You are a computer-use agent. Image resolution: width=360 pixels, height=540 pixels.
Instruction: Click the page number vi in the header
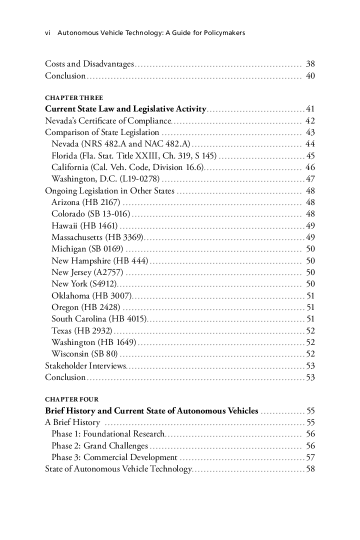pos(48,33)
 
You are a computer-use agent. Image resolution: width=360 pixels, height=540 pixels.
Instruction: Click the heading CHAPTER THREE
pos(74,98)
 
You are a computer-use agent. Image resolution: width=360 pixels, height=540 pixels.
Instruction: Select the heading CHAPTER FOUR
pos(72,400)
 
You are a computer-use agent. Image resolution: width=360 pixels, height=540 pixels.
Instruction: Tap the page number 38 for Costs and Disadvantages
pos(310,64)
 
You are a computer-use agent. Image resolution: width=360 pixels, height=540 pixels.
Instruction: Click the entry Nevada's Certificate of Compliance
pos(108,121)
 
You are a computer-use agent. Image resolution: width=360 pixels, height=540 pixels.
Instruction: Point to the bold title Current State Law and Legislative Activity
pos(125,109)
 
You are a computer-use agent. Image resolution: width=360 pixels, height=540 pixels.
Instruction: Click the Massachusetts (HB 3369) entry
pos(97,237)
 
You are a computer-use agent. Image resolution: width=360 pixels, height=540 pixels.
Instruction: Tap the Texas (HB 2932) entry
pos(82,330)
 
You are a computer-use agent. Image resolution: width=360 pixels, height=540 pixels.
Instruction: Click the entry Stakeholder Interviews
pos(85,366)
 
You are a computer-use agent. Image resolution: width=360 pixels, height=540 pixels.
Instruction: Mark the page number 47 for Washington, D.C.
pos(310,179)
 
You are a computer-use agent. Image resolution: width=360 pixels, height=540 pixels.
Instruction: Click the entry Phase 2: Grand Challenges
pos(99,446)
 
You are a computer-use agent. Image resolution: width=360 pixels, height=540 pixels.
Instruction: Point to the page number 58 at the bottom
pos(310,469)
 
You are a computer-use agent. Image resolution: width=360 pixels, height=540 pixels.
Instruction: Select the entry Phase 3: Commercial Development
pos(114,457)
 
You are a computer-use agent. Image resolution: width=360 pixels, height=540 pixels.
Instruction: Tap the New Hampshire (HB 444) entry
pos(99,260)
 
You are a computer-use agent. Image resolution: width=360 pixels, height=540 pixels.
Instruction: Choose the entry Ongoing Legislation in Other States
pos(109,191)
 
